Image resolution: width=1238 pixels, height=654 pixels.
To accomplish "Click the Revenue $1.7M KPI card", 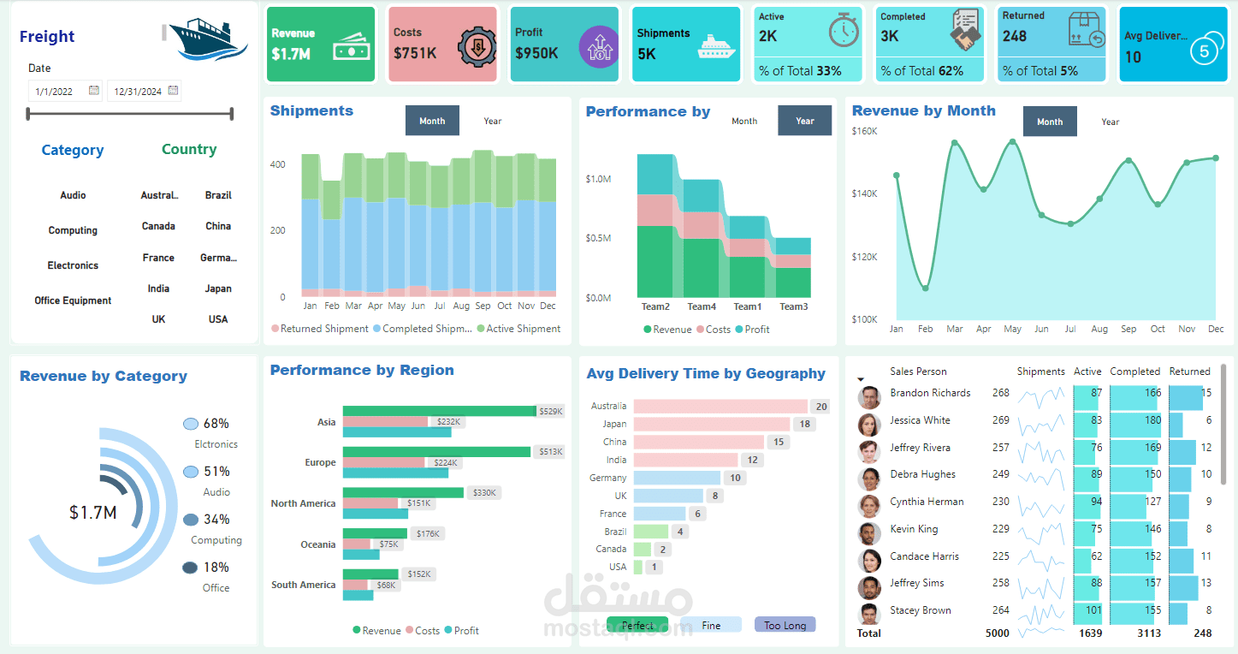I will click(320, 45).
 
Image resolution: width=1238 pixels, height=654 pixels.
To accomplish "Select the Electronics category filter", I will click(73, 265).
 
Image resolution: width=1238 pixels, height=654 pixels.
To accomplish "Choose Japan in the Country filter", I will click(218, 288).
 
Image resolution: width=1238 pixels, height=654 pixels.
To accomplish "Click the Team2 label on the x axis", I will click(655, 306).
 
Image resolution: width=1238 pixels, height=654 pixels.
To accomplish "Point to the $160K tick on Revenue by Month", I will click(864, 131).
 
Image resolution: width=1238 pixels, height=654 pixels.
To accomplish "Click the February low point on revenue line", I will click(925, 288).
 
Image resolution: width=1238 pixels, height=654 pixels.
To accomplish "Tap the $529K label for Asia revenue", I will click(551, 412).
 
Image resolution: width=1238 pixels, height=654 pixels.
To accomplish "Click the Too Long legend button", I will click(785, 625).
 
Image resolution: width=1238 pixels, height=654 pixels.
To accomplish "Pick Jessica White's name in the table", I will click(920, 420).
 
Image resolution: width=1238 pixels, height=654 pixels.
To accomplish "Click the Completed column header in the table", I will click(1134, 372).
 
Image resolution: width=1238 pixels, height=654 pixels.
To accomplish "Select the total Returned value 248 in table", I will click(1202, 633).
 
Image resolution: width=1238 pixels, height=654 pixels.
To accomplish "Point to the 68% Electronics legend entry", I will click(215, 424).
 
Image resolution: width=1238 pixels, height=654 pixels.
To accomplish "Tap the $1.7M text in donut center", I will click(93, 513).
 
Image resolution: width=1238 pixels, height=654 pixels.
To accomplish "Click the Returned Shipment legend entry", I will click(323, 329).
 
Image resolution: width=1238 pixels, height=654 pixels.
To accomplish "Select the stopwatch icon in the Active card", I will click(843, 30).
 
